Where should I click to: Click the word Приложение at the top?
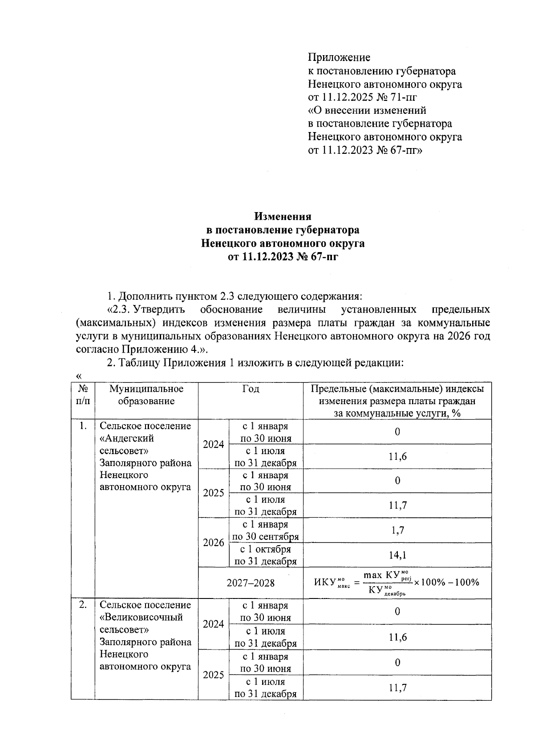(339, 57)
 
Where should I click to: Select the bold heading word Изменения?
(283, 217)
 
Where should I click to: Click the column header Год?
(251, 389)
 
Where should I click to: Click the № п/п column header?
(83, 395)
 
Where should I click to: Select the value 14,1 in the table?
(397, 555)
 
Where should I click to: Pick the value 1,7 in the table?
(397, 530)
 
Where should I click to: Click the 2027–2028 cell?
(251, 583)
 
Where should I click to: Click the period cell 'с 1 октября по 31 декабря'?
(266, 555)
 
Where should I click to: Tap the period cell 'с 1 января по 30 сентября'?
(266, 530)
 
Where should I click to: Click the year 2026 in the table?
(214, 543)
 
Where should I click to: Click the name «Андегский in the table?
(127, 438)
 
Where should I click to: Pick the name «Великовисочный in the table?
(142, 618)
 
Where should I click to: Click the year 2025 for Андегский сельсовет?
(214, 493)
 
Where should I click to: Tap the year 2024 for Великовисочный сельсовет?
(214, 624)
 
